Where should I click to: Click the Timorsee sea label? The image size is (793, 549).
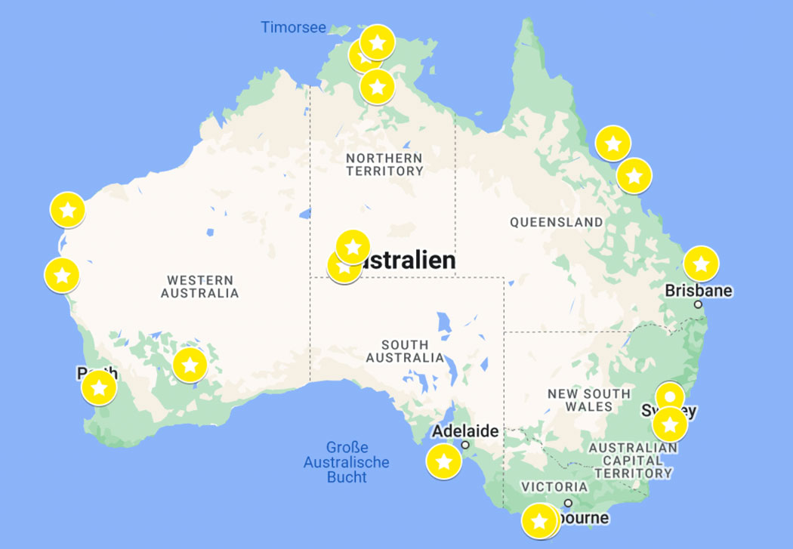tap(293, 28)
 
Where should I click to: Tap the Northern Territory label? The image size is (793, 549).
tap(384, 165)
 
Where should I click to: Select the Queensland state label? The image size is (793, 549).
tap(557, 222)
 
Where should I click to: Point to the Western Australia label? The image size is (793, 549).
tap(199, 286)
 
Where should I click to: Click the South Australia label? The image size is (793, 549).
tap(405, 350)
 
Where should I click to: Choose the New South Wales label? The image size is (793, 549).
tap(589, 399)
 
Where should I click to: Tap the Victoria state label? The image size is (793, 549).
tap(554, 487)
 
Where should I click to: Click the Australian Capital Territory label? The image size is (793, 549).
tap(633, 460)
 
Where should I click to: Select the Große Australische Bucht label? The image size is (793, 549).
tap(347, 462)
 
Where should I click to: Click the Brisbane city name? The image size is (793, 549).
tap(699, 291)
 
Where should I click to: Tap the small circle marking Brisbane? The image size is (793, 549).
tap(699, 305)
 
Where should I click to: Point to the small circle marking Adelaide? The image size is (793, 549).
tap(465, 445)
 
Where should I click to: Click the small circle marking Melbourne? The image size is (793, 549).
tap(568, 503)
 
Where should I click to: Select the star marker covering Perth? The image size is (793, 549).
tap(99, 388)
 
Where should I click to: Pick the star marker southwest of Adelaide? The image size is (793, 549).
tap(444, 461)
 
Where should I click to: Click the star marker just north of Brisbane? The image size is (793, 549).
tap(701, 264)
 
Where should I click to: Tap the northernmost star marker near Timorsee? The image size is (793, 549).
tap(377, 42)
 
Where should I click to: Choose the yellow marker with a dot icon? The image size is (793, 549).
tap(669, 396)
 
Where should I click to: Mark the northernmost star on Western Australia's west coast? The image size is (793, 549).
tap(68, 210)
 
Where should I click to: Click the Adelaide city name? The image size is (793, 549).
tap(464, 432)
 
